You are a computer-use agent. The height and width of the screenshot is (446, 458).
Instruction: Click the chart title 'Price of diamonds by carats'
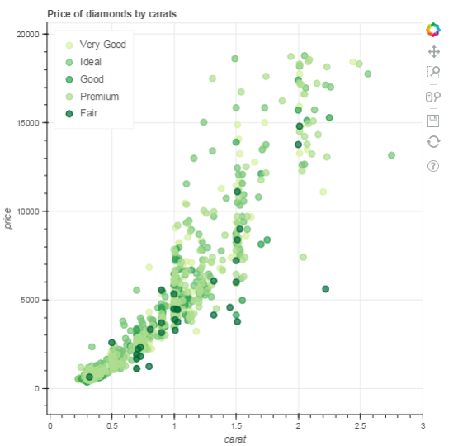[x=111, y=14]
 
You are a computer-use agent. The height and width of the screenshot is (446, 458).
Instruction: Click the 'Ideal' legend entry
[x=90, y=62]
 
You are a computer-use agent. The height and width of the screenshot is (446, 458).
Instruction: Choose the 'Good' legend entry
[x=91, y=79]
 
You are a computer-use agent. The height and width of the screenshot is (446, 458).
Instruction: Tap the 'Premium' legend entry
[x=98, y=97]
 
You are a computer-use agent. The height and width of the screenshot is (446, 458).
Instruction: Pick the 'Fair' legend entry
[x=87, y=113]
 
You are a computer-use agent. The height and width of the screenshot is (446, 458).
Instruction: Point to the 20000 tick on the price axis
[x=29, y=34]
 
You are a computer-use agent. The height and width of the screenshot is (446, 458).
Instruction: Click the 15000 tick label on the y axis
[x=29, y=122]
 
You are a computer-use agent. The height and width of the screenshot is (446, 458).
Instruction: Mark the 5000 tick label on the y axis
[x=31, y=300]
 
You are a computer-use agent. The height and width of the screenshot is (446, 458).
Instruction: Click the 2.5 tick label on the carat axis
[x=360, y=425]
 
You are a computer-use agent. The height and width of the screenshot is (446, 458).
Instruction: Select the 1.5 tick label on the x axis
[x=236, y=425]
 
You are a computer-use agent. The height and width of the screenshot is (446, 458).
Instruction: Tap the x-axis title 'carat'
[x=236, y=439]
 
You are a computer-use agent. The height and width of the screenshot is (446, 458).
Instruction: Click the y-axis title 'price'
[x=8, y=219]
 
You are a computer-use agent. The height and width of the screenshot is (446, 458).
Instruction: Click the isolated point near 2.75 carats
[x=391, y=155]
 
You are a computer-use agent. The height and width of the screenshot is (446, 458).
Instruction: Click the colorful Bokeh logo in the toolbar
[x=432, y=31]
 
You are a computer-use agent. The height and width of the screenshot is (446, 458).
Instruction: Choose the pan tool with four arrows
[x=432, y=51]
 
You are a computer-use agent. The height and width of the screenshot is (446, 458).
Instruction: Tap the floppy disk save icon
[x=432, y=121]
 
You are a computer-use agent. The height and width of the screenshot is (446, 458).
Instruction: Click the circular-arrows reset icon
[x=432, y=142]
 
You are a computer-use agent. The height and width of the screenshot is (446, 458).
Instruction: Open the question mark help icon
[x=432, y=166]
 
